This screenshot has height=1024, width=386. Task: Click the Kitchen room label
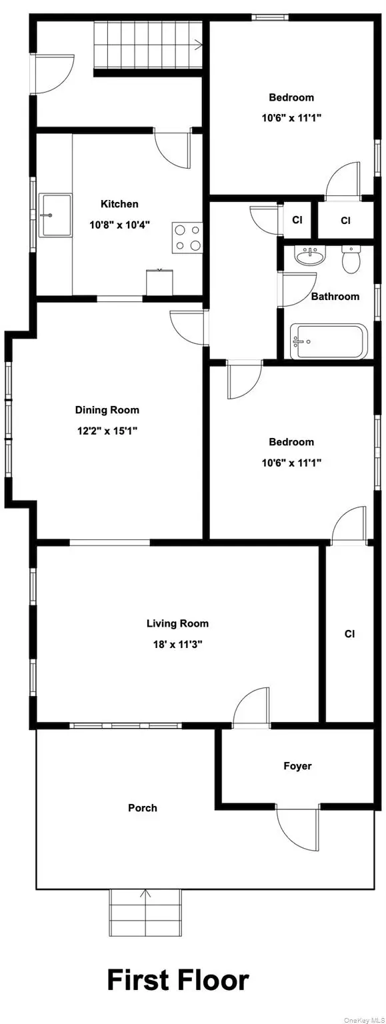[x=119, y=204]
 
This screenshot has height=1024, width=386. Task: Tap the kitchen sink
[x=55, y=215]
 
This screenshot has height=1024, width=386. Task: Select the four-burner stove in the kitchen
[x=187, y=237]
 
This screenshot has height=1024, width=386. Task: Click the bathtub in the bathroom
[x=329, y=341]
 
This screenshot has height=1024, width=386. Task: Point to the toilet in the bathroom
[x=350, y=260]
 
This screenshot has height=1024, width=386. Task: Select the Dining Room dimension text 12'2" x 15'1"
[x=107, y=431]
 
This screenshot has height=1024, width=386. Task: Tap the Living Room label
[x=177, y=623]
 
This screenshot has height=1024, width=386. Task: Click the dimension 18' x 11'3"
[x=177, y=645]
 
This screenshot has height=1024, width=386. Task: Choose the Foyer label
[x=297, y=766]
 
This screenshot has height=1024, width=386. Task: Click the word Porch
[x=143, y=807]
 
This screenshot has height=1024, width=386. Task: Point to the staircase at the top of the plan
[x=147, y=45]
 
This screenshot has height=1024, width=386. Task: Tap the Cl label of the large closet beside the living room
[x=349, y=634]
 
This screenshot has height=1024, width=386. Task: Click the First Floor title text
[x=178, y=981]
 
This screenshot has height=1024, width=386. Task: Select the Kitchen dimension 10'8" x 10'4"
[x=119, y=225]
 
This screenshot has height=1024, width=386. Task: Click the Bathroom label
[x=335, y=296]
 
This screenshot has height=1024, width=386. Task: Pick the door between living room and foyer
[x=251, y=709]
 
